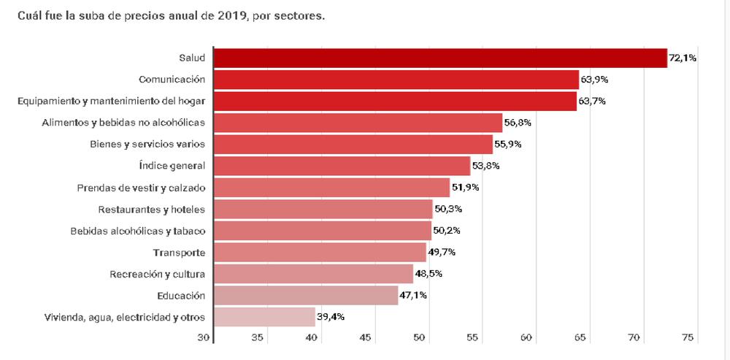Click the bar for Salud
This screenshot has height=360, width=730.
[x=440, y=58]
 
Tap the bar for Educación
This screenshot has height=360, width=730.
[x=306, y=295]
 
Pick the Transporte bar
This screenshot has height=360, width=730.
[x=320, y=253]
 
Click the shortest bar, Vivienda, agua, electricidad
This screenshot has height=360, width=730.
[x=264, y=317]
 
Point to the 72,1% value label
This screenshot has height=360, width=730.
[x=683, y=58]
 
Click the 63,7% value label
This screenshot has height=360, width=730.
[x=592, y=101]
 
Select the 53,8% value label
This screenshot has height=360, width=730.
[x=485, y=166]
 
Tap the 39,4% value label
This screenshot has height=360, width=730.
[x=331, y=317]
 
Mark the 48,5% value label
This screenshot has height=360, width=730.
[x=428, y=274]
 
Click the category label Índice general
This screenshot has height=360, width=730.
[x=172, y=166]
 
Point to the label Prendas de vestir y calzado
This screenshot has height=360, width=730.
[x=141, y=188]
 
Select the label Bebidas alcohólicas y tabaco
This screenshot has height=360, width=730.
[x=137, y=231]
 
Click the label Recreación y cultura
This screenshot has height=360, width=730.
[x=157, y=274]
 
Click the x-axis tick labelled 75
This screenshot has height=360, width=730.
[x=687, y=338]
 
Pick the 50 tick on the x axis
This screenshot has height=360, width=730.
[x=419, y=338]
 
